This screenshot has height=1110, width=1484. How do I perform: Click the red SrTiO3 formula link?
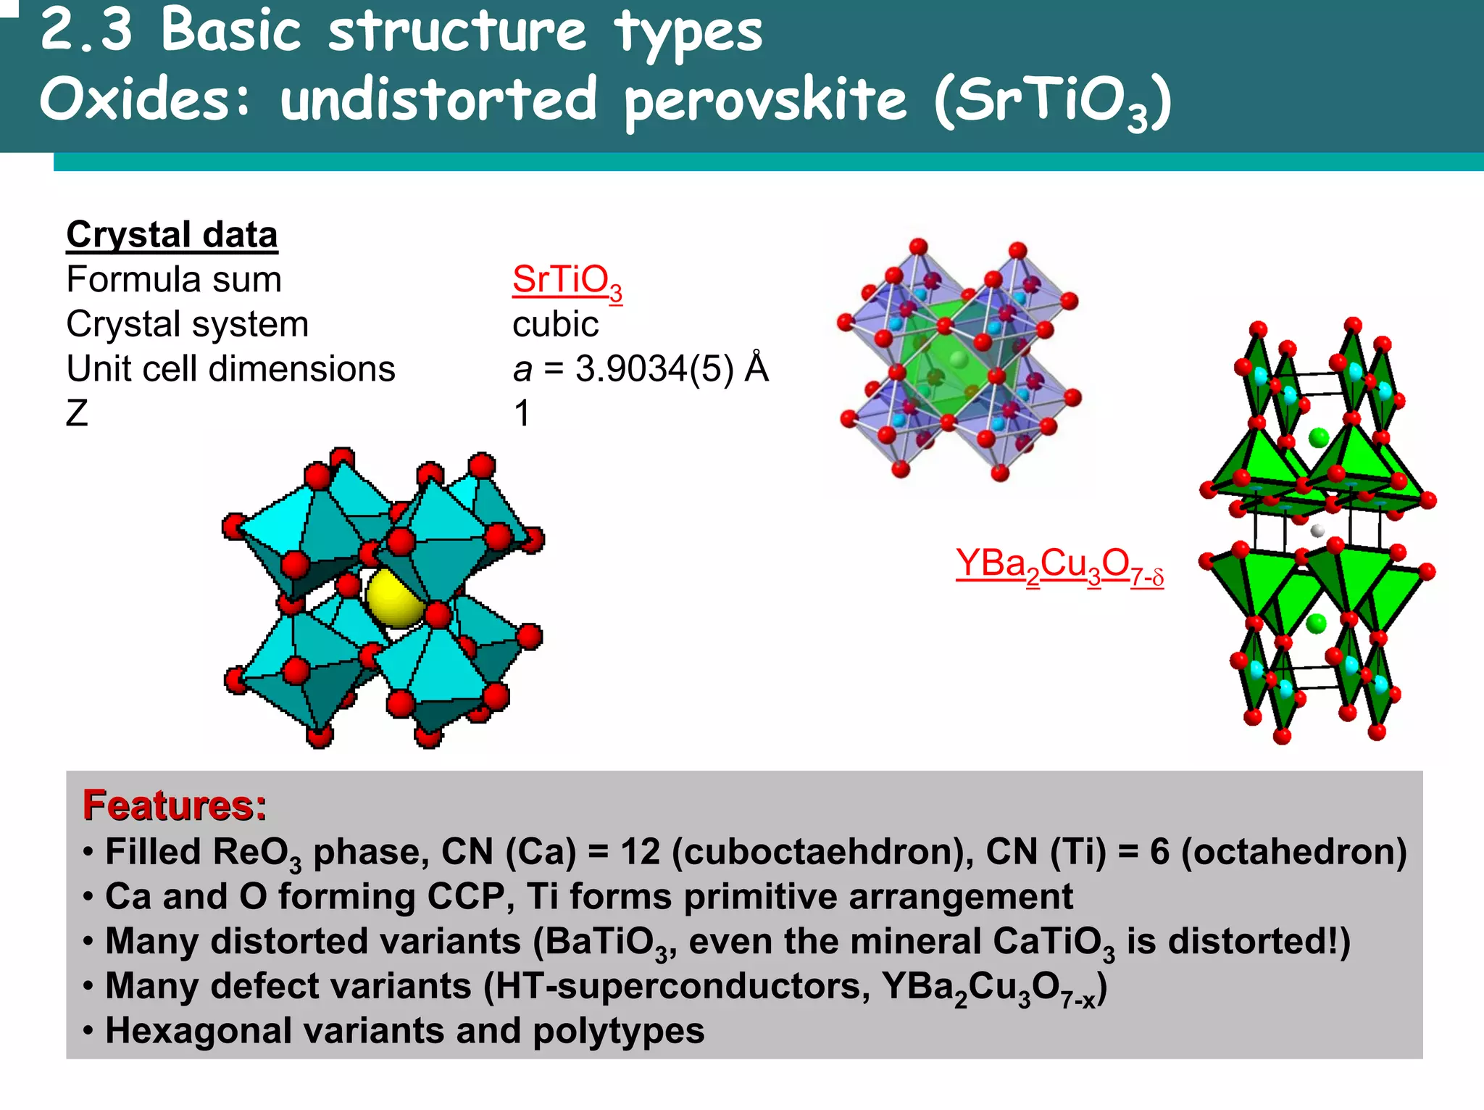tap(567, 281)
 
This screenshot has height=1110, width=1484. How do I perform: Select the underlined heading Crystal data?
tap(172, 235)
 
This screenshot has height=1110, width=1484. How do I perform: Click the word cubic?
tap(555, 324)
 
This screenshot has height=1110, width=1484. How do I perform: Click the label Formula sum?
tap(174, 280)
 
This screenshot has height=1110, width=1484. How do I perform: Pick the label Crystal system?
tap(187, 324)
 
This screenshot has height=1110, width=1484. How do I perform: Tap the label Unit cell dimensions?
tap(230, 369)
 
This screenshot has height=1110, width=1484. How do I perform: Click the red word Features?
tap(175, 805)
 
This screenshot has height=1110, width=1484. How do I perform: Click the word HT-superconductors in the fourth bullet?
tap(676, 987)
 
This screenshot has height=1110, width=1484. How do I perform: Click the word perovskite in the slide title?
tap(765, 102)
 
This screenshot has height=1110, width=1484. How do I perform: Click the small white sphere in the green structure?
tap(1318, 531)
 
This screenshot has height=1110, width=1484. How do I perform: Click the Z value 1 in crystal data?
tap(522, 413)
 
